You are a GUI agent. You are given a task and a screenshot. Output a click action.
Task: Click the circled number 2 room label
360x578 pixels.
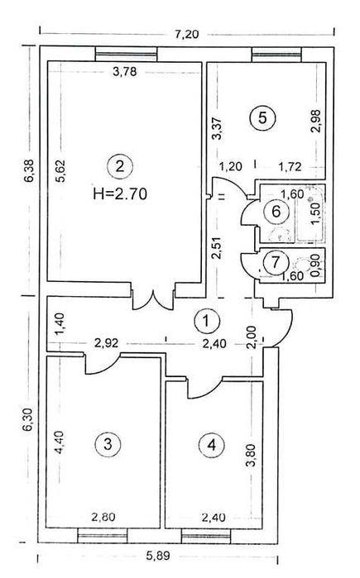pyautogui.click(x=119, y=166)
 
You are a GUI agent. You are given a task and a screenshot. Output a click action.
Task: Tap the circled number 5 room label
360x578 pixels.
pyautogui.click(x=262, y=118)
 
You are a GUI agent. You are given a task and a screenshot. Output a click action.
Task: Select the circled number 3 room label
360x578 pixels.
pyautogui.click(x=108, y=444)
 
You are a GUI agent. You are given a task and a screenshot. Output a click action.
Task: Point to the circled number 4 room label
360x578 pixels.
pyautogui.click(x=212, y=445)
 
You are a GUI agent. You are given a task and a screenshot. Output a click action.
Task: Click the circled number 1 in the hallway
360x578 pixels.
pyautogui.click(x=207, y=321)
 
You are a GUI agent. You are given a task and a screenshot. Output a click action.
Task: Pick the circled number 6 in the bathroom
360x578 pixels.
pyautogui.click(x=276, y=212)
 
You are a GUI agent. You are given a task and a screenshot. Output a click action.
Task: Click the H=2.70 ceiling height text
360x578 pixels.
pyautogui.click(x=120, y=193)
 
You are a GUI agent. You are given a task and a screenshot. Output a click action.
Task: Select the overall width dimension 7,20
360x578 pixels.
pyautogui.click(x=186, y=34)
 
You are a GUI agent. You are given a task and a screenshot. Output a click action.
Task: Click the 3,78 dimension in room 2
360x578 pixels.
pyautogui.click(x=125, y=71)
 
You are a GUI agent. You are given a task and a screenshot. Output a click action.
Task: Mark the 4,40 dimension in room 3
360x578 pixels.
pyautogui.click(x=59, y=442)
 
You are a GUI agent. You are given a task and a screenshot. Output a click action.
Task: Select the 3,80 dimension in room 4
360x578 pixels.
pyautogui.click(x=251, y=456)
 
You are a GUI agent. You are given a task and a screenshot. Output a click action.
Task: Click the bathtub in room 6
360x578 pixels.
pyautogui.click(x=310, y=214)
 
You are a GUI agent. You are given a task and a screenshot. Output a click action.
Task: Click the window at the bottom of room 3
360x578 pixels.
pyautogui.click(x=103, y=535)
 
